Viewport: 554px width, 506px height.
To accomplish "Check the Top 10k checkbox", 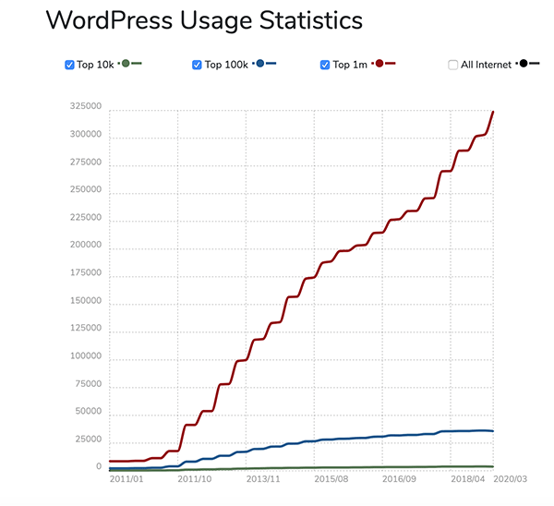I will (69, 65).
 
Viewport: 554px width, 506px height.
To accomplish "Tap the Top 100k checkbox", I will (197, 65).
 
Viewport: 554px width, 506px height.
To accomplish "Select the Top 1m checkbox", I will (325, 65).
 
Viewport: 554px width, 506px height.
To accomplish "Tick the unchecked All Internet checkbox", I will (452, 65).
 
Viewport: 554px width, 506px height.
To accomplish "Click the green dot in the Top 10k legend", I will (125, 64).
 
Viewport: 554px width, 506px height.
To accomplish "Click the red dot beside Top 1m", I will (379, 64).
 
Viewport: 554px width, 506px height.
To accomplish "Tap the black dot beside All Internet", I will (523, 64).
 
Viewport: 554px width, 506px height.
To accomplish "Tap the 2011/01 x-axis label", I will (126, 479).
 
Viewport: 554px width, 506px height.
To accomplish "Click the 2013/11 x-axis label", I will (263, 479).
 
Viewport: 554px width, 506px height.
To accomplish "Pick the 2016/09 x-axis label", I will (400, 479).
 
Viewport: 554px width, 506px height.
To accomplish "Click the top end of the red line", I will (493, 112).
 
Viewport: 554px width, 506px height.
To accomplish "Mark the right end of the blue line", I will (493, 431).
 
